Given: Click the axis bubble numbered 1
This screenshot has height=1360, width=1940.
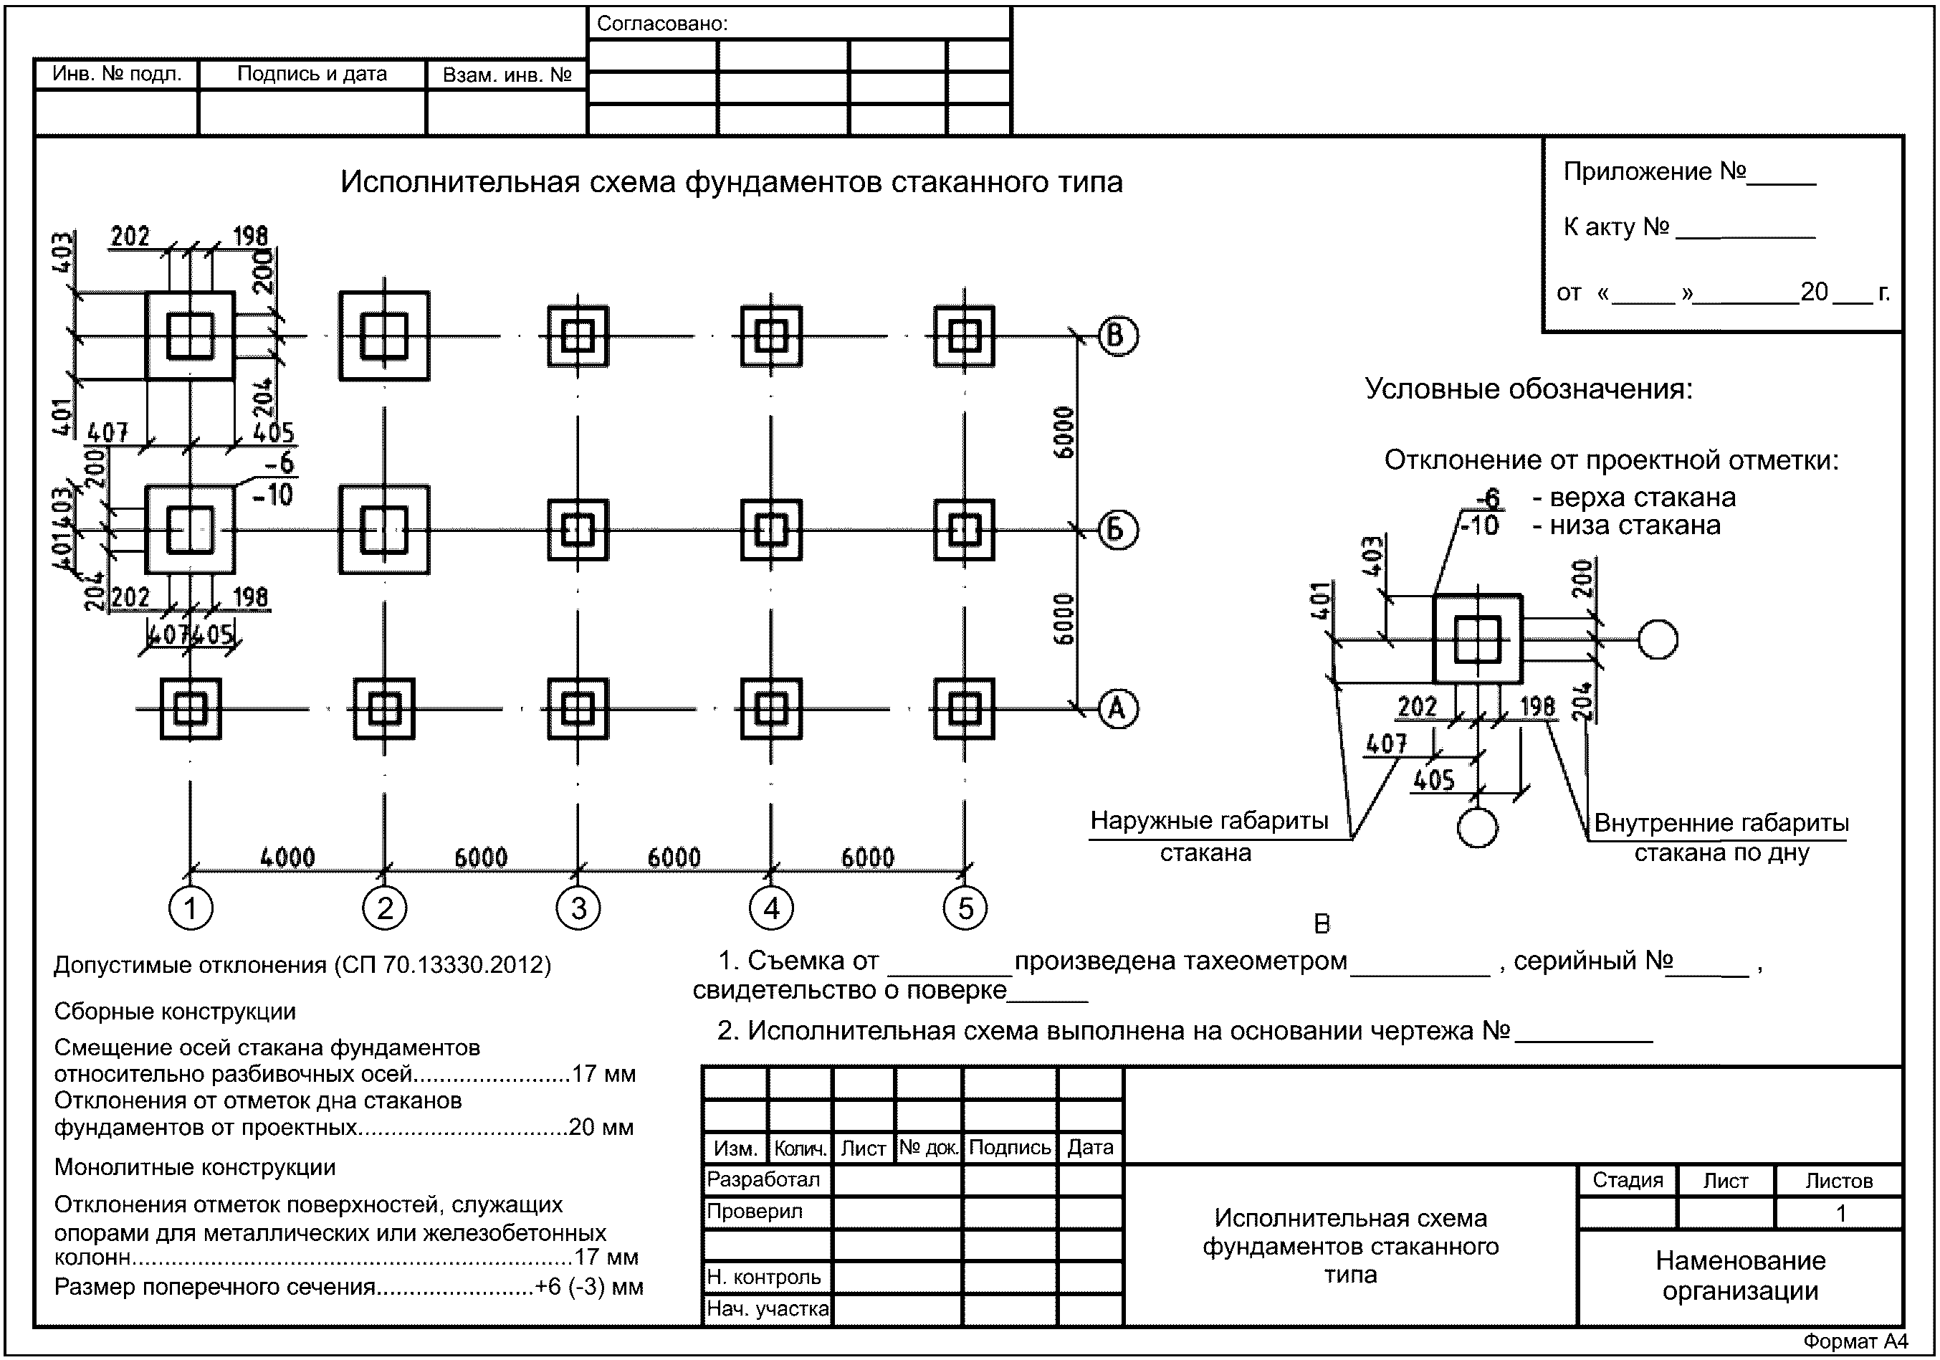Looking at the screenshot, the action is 190,908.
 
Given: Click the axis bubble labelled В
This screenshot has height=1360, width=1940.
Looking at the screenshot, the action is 1117,336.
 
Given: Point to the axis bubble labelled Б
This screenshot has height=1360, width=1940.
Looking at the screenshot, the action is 1117,530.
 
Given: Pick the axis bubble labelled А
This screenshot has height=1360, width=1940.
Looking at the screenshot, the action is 1117,708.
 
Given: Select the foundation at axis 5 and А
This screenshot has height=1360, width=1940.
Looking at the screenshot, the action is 964,708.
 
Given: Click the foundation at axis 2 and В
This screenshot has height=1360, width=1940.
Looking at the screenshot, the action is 384,336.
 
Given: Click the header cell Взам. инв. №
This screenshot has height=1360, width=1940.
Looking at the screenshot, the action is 507,75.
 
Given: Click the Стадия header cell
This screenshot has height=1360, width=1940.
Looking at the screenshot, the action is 1628,1180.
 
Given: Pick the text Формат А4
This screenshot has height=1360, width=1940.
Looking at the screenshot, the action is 1855,1341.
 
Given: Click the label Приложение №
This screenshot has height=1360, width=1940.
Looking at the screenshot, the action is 1654,171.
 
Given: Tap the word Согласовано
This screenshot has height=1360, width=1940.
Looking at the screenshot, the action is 662,24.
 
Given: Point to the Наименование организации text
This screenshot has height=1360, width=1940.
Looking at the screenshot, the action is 1741,1275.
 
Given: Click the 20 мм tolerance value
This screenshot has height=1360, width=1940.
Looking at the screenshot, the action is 601,1128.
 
